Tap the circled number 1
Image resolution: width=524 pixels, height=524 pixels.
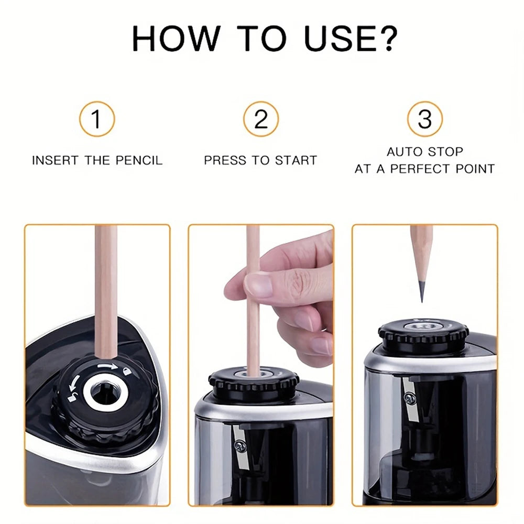click(x=96, y=119)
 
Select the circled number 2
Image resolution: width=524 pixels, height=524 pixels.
click(x=260, y=119)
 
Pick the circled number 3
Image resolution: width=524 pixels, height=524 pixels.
click(x=424, y=119)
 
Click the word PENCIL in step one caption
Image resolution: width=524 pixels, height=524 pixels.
click(x=138, y=160)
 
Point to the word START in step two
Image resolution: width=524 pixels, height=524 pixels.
click(x=295, y=160)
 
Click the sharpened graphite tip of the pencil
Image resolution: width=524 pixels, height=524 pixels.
click(x=421, y=291)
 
